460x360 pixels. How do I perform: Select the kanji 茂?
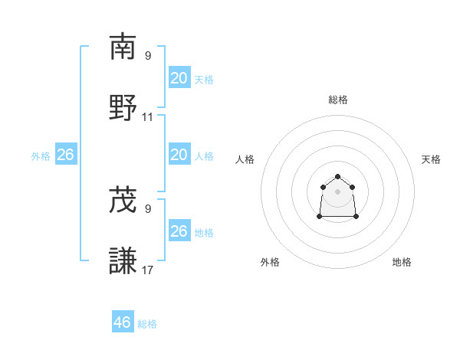(x=123, y=200)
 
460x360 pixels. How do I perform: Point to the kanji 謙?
(x=123, y=260)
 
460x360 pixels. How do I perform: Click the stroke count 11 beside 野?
(x=148, y=117)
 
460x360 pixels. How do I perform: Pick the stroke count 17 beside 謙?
(x=148, y=270)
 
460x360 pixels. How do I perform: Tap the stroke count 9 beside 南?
(x=148, y=56)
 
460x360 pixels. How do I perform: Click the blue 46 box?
(x=123, y=322)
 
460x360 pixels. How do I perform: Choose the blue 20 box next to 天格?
(x=179, y=78)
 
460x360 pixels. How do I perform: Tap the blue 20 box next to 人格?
(x=179, y=155)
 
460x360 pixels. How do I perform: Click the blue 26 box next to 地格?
(x=179, y=231)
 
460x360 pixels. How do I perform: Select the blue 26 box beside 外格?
(x=65, y=155)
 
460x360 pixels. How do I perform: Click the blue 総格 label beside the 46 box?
(x=147, y=324)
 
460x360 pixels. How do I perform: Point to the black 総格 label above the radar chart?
(x=338, y=100)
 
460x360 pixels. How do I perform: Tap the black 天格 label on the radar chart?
(x=431, y=159)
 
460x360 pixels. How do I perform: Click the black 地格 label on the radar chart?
(x=402, y=262)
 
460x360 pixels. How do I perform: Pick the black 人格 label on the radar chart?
(x=245, y=159)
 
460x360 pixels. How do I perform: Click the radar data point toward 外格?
(x=320, y=217)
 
